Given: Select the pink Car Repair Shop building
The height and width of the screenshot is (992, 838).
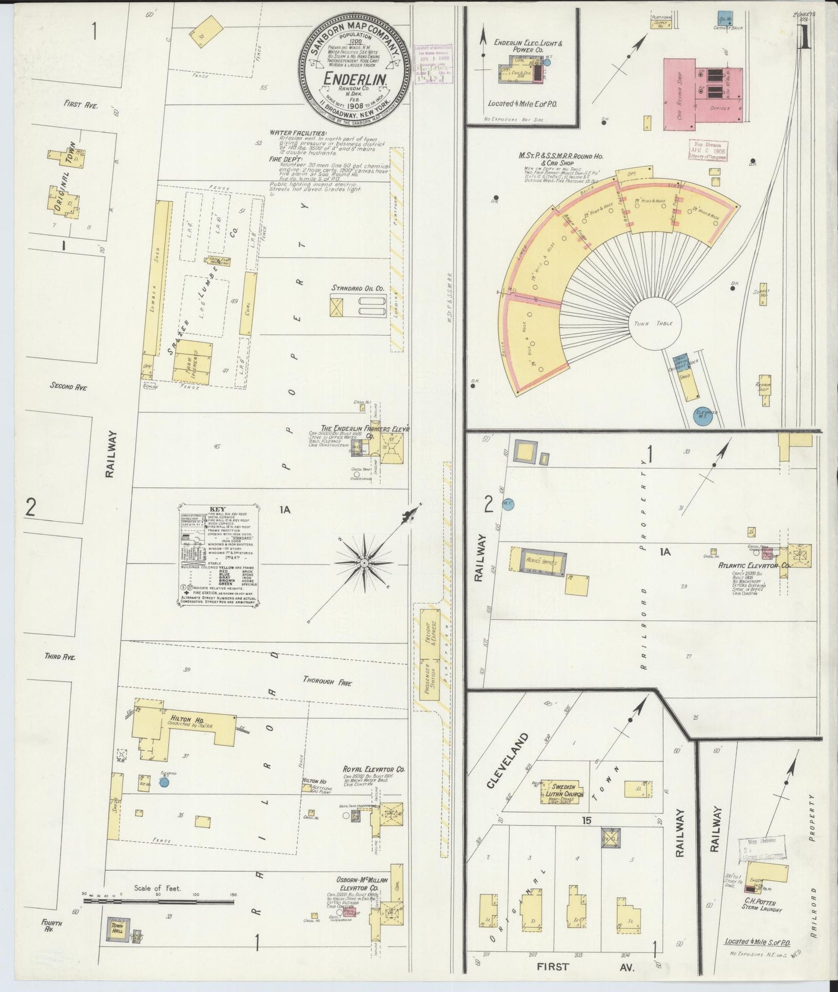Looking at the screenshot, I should click(x=703, y=91).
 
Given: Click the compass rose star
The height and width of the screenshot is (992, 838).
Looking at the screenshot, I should click(x=364, y=563).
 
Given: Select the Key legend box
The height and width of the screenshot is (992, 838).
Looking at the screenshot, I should click(x=217, y=555).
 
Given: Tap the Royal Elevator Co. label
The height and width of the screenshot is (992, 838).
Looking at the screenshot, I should click(x=373, y=769).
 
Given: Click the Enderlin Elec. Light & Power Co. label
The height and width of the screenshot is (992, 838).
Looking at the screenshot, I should click(x=528, y=46).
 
